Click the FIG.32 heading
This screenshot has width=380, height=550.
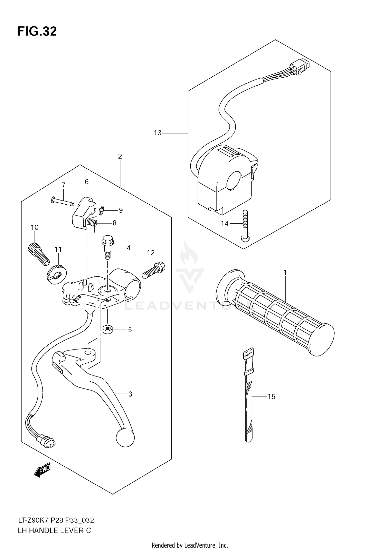pos(37,32)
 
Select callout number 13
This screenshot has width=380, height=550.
pos(158,133)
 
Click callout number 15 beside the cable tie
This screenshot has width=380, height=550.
pos(271,397)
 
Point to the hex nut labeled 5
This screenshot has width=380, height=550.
pos(107,329)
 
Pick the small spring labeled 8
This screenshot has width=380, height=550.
pos(92,223)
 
